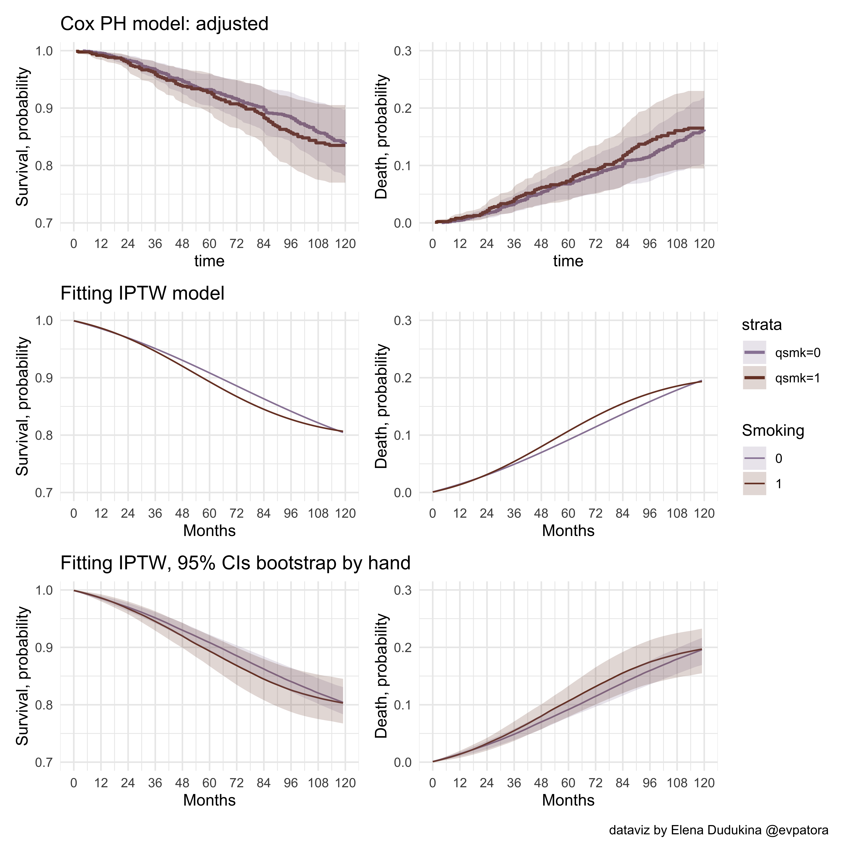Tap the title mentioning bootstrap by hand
click(x=235, y=563)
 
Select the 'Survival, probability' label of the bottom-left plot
click(x=23, y=676)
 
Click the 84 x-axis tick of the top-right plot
click(x=622, y=244)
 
